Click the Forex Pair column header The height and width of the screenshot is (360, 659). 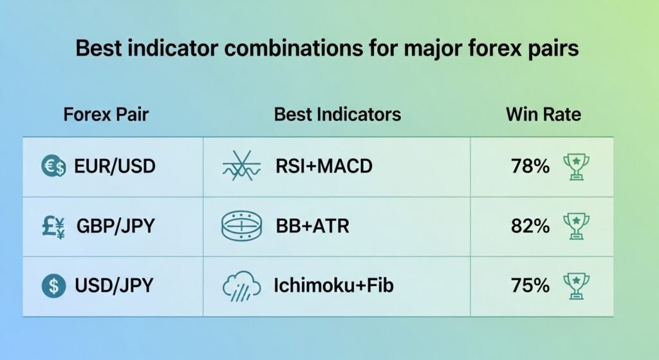[106, 115]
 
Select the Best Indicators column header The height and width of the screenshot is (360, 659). [337, 115]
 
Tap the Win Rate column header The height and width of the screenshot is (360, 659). [543, 115]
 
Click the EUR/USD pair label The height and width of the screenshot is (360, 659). [115, 166]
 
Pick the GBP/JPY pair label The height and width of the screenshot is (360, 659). [116, 226]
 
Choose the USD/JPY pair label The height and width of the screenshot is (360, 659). [114, 285]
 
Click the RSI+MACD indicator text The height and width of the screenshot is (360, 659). [324, 166]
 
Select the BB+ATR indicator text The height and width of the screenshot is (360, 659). [312, 226]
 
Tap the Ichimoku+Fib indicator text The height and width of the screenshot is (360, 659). [334, 285]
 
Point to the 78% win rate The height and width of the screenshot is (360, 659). [530, 166]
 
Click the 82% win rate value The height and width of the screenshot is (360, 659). [530, 226]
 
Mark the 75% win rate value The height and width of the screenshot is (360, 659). [530, 285]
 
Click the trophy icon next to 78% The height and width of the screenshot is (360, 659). [576, 167]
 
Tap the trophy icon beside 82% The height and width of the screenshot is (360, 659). [576, 226]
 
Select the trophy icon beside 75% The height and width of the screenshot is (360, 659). [576, 286]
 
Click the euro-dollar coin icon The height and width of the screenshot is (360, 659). [53, 166]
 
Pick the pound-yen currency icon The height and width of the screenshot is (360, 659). [53, 227]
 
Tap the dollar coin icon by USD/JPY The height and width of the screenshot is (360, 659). [54, 285]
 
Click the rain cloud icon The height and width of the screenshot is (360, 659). [241, 286]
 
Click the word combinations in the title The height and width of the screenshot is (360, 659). [293, 48]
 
